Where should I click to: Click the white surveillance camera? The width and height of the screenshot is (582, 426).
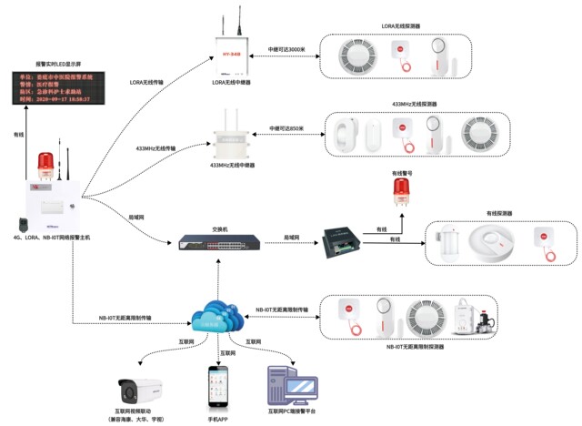137,390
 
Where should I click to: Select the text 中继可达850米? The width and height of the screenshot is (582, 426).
287,128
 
